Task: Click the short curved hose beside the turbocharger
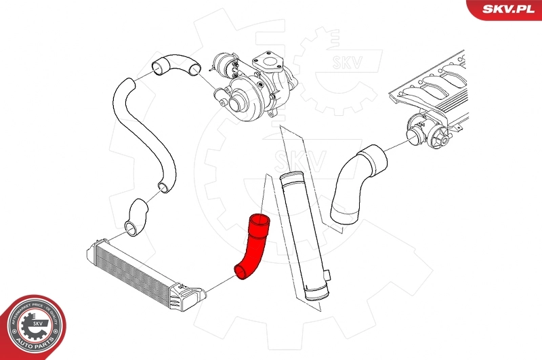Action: (x=176, y=65)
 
